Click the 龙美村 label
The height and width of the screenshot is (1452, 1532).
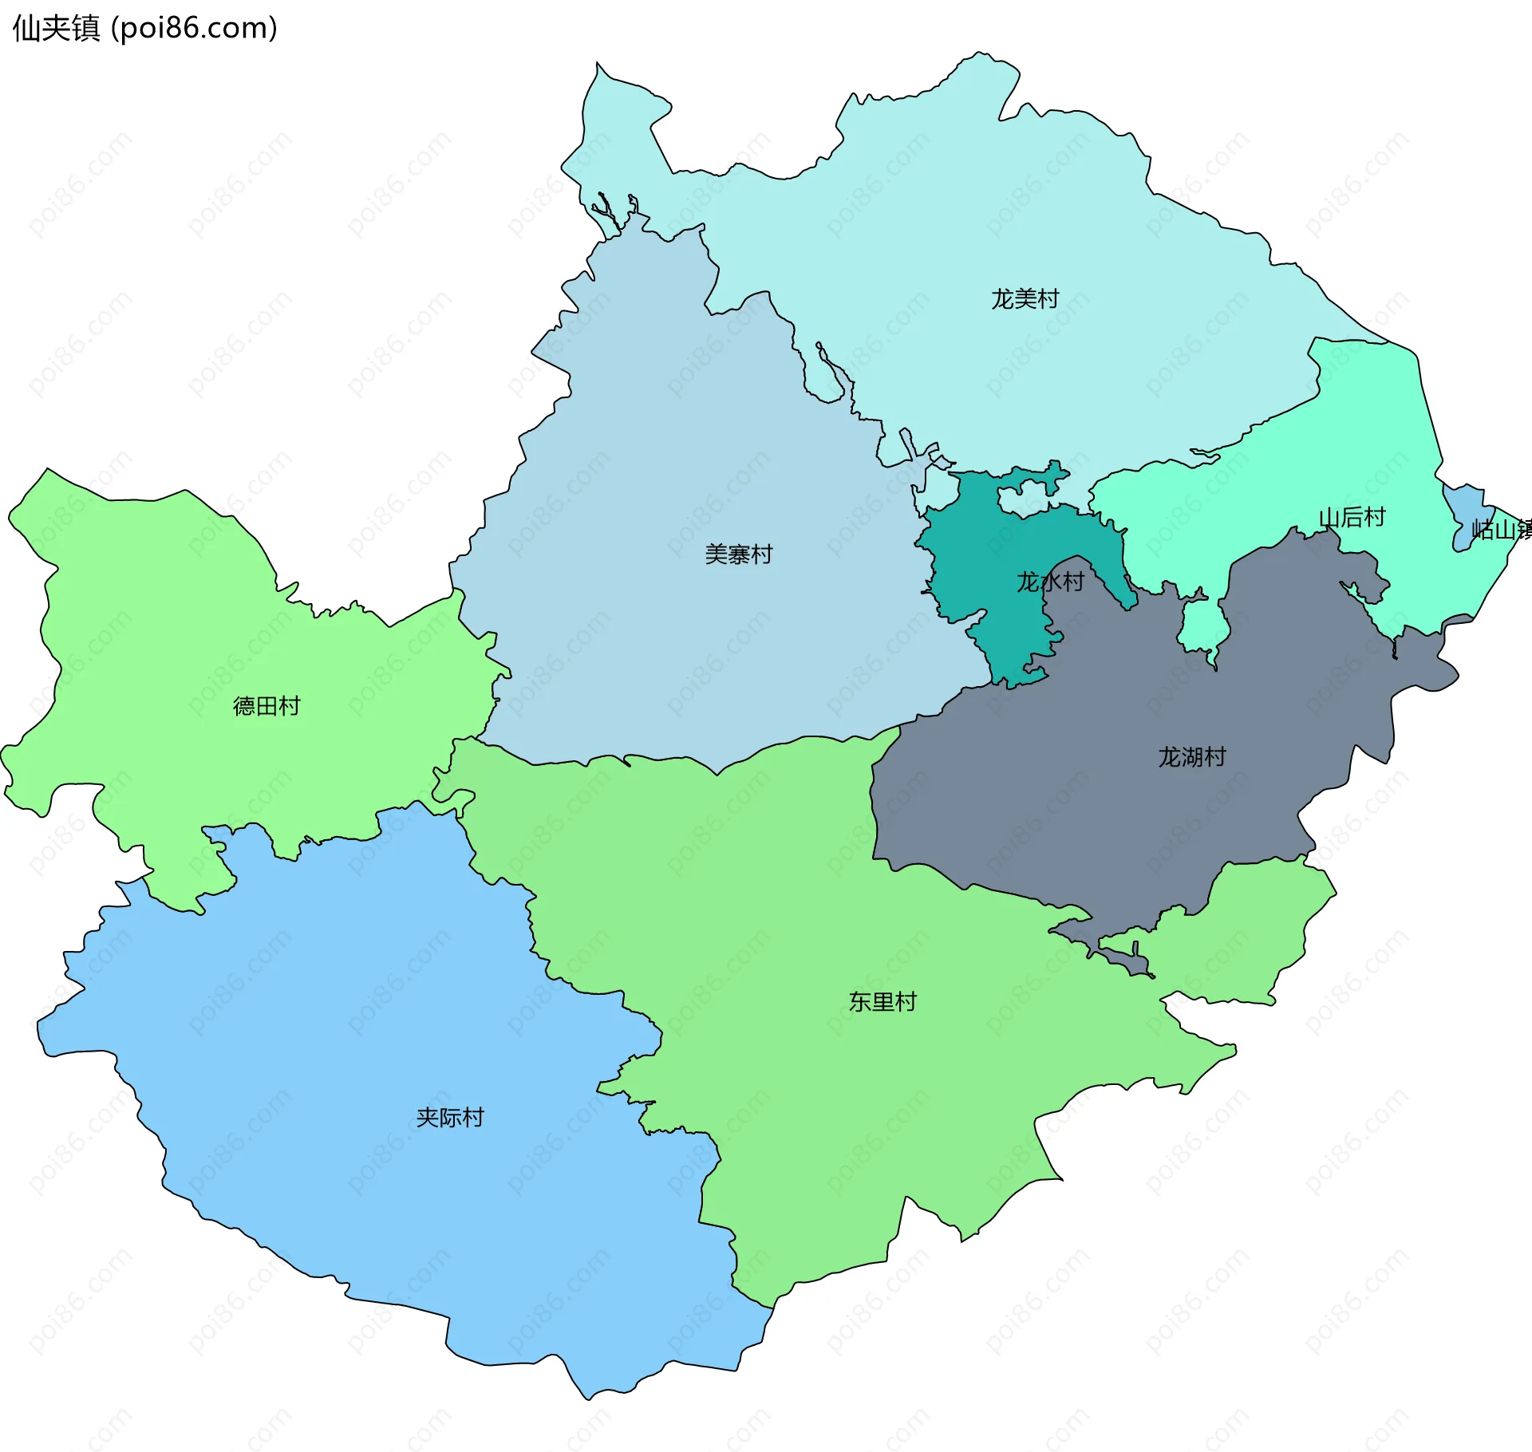pyautogui.click(x=1025, y=299)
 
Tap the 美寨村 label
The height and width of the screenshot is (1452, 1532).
pyautogui.click(x=739, y=554)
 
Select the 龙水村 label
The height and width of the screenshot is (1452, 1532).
pyautogui.click(x=1050, y=582)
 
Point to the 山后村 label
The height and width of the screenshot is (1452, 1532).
pyautogui.click(x=1352, y=518)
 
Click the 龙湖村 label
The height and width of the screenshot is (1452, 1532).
pyautogui.click(x=1192, y=757)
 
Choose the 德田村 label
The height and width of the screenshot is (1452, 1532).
pyautogui.click(x=267, y=706)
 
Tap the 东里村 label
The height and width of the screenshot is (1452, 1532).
pyautogui.click(x=882, y=1002)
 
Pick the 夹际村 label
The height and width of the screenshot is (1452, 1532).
pyautogui.click(x=450, y=1118)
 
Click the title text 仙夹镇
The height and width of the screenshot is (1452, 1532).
pyautogui.click(x=57, y=28)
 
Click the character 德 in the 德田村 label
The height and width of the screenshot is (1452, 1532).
pyautogui.click(x=244, y=706)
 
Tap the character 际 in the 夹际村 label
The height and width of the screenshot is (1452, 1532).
pyautogui.click(x=450, y=1118)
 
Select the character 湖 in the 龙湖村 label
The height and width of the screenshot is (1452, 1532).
pyautogui.click(x=1192, y=757)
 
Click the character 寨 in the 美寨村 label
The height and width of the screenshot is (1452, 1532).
pyautogui.click(x=739, y=554)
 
